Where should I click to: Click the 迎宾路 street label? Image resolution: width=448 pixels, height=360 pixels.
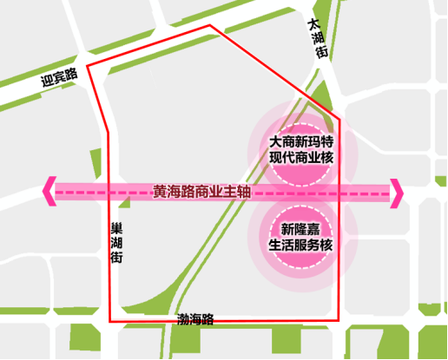click(59, 79)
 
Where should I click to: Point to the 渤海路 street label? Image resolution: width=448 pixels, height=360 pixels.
click(194, 319)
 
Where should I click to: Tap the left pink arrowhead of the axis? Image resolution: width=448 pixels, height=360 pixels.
click(49, 193)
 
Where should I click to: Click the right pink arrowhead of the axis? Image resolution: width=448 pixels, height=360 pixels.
click(398, 193)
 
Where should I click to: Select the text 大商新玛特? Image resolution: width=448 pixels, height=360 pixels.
click(301, 141)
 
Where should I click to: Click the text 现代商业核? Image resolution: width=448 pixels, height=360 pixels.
click(301, 158)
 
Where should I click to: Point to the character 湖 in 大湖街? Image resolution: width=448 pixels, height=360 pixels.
click(318, 39)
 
